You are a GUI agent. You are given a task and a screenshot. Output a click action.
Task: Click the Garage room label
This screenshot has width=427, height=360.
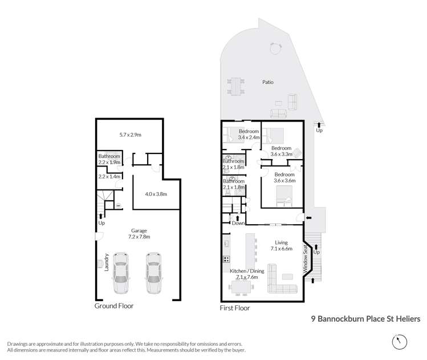(139, 231)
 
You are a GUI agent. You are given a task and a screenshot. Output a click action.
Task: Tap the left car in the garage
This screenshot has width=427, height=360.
(121, 273)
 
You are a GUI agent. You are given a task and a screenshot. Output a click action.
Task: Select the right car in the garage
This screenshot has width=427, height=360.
(153, 273)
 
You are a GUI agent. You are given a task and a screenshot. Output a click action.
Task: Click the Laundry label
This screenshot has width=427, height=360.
(107, 262)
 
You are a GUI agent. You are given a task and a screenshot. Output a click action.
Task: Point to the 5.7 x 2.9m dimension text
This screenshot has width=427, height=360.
(130, 135)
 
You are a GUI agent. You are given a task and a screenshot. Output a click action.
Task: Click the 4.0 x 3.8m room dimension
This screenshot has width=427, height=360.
(156, 194)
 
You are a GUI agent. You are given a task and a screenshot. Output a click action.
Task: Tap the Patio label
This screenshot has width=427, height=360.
(268, 82)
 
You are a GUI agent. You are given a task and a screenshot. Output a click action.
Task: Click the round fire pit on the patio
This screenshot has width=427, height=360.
(275, 48)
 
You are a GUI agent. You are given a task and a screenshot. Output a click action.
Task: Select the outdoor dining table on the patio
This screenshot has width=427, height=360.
(236, 86)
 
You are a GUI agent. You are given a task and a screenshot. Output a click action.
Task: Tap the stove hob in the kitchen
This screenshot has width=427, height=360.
(226, 259)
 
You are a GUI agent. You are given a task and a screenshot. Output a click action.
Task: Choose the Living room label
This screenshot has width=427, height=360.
(281, 242)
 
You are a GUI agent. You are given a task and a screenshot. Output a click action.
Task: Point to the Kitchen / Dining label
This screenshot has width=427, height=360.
(247, 271)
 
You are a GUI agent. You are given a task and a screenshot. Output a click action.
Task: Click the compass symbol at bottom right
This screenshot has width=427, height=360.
(400, 342)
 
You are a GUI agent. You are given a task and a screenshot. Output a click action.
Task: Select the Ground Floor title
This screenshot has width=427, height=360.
(114, 306)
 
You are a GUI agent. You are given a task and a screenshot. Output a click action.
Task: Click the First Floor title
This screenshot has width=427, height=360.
(235, 308)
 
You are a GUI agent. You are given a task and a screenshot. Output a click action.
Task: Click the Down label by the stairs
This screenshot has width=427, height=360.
(238, 223)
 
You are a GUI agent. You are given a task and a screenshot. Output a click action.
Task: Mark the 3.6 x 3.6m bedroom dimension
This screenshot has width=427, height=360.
(284, 180)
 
